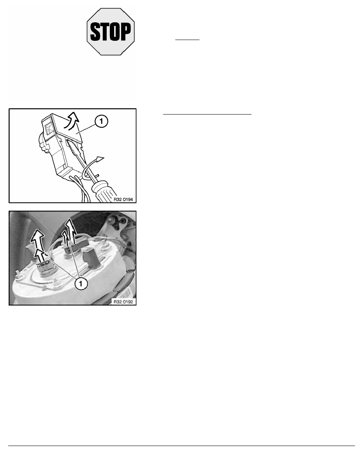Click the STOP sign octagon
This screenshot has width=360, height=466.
111,31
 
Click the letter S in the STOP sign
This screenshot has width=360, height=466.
95,32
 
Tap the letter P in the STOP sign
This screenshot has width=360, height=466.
125,32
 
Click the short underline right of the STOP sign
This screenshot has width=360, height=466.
187,39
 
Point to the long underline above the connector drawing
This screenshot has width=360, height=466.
207,114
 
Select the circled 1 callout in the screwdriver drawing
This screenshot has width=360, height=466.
101,121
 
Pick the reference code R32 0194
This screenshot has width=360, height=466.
123,199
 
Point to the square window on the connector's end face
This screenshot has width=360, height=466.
48,128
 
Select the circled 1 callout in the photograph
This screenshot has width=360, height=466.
81,284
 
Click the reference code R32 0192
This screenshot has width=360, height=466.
123,302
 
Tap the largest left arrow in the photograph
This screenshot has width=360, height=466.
38,240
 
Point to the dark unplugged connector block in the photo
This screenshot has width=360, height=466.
91,257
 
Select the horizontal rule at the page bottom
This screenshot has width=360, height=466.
182,446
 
